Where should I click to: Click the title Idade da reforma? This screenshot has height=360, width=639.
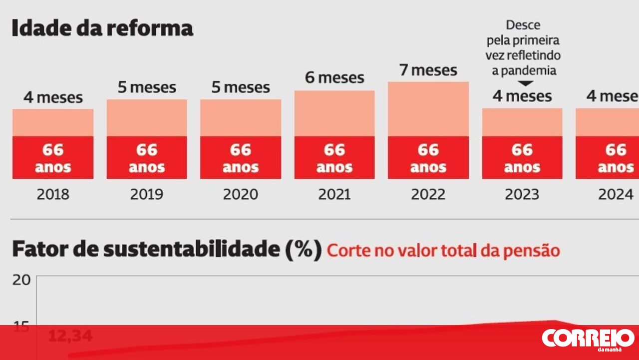click(102, 28)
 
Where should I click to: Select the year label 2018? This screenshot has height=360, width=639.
click(53, 194)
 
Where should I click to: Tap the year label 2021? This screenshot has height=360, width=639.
click(334, 194)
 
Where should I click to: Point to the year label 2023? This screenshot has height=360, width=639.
click(522, 194)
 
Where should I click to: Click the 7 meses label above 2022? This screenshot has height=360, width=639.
click(428, 70)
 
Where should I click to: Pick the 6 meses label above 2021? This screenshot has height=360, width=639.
click(334, 78)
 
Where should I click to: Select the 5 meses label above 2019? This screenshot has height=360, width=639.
click(147, 88)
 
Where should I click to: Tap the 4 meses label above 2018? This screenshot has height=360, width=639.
click(53, 97)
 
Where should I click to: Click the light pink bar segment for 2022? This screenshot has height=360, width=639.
click(428, 108)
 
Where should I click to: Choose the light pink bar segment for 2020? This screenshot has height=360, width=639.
click(241, 117)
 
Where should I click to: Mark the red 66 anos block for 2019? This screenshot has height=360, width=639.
click(147, 157)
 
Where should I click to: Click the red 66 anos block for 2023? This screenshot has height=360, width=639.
click(522, 157)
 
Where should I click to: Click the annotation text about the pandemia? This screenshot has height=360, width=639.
click(523, 47)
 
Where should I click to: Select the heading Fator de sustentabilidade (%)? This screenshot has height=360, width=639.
click(167, 249)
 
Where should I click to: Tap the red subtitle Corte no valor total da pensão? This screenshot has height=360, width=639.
click(443, 250)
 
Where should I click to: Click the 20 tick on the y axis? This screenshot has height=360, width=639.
click(21, 280)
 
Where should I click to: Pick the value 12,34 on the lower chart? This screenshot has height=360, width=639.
click(70, 336)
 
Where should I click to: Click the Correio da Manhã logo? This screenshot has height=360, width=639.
click(588, 339)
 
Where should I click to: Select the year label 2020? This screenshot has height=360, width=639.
click(241, 194)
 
